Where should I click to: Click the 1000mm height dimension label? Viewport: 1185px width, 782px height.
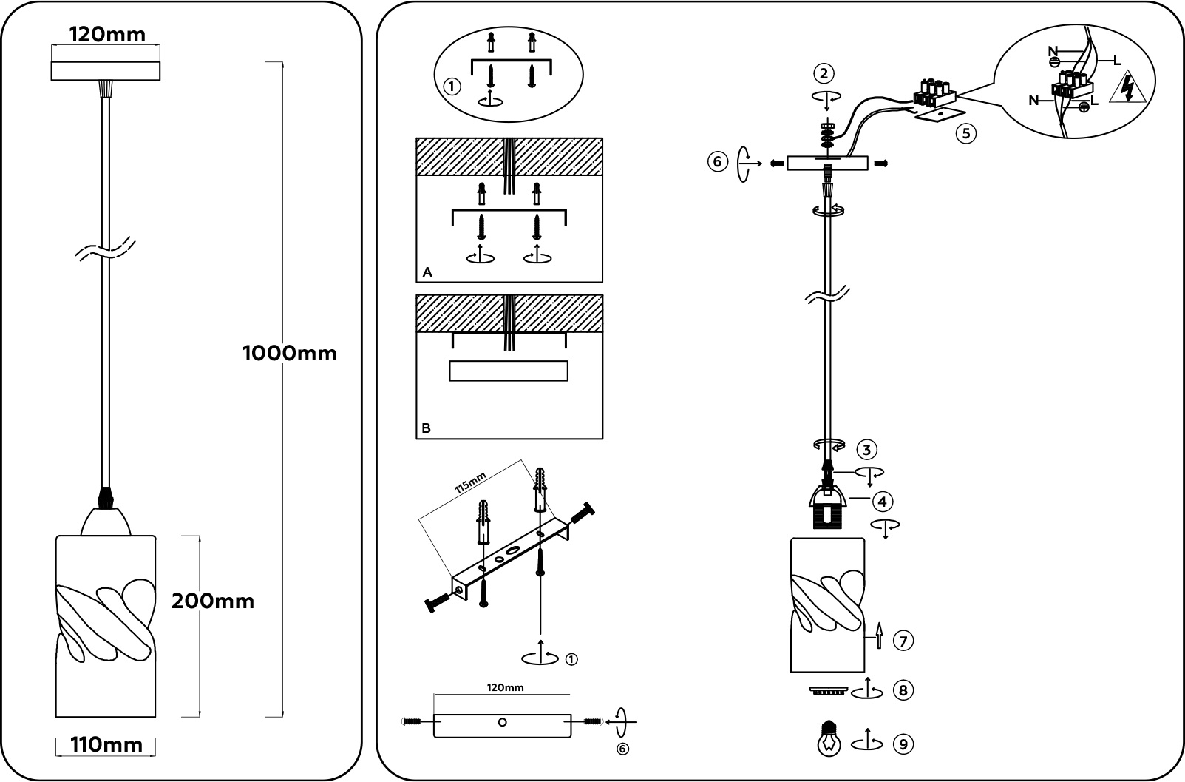click(x=289, y=354)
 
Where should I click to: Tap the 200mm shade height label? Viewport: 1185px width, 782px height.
click(x=213, y=601)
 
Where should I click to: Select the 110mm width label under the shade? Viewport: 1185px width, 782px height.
click(x=106, y=745)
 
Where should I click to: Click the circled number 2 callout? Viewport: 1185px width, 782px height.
click(x=824, y=73)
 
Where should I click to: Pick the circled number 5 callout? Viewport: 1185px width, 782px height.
click(x=965, y=134)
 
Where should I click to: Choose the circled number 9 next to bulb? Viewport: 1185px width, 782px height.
click(x=903, y=744)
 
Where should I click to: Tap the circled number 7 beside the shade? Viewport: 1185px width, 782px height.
click(x=903, y=640)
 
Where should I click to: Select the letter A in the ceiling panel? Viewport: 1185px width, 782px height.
click(x=427, y=272)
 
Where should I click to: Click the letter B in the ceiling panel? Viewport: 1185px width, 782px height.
click(x=427, y=428)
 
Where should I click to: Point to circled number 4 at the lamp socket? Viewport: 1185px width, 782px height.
click(x=881, y=502)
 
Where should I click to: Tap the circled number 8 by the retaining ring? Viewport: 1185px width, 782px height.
click(x=903, y=690)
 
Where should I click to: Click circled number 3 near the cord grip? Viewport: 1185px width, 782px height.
click(x=866, y=449)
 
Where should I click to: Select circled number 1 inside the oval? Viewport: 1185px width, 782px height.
click(x=452, y=87)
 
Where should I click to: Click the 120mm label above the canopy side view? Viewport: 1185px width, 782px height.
click(x=506, y=687)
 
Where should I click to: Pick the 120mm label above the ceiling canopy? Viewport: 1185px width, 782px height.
click(x=106, y=34)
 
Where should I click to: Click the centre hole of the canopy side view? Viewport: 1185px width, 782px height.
click(x=503, y=722)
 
